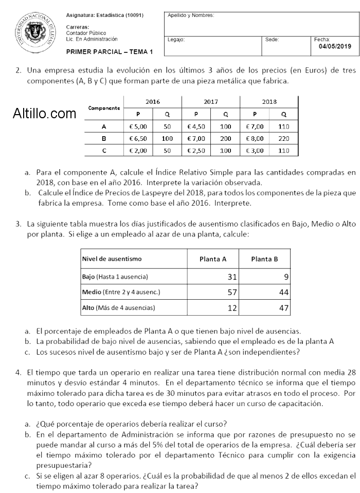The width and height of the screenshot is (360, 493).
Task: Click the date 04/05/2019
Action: [334, 46]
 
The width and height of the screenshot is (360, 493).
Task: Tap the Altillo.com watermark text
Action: [44, 114]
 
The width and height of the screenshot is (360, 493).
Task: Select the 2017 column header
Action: [211, 102]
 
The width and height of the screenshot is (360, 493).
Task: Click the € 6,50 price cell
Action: [138, 138]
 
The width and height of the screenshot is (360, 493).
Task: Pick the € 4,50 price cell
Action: [196, 126]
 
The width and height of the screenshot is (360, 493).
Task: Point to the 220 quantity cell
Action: [283, 138]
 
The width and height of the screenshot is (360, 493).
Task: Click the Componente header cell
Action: [104, 108]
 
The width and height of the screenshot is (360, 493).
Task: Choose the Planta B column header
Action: [264, 259]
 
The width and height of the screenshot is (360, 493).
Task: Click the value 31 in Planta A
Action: [232, 277]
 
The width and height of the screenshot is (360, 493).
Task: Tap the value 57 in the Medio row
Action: [232, 292]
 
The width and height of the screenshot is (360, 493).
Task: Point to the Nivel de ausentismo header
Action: [112, 259]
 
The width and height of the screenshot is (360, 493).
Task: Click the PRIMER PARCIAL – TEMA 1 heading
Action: [110, 52]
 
